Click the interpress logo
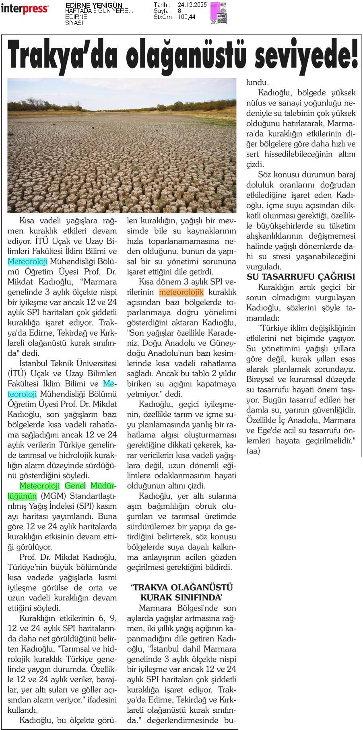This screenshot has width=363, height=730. coord(25,9)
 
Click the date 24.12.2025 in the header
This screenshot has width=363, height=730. coord(191,5)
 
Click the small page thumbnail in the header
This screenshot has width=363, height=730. coord(219,12)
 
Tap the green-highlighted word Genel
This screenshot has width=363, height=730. coord(75,486)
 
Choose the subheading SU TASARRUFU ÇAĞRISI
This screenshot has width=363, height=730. coord(301,277)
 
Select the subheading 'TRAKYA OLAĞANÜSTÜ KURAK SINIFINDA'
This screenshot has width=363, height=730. coord(181,592)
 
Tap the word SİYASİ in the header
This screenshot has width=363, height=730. coord(74,23)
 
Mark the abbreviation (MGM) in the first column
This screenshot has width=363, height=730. coord(49,496)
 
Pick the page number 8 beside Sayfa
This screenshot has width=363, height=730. coord(179,11)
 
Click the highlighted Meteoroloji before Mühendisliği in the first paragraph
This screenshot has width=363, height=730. coord(28,262)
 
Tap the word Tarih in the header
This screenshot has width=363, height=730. coord(161,5)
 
